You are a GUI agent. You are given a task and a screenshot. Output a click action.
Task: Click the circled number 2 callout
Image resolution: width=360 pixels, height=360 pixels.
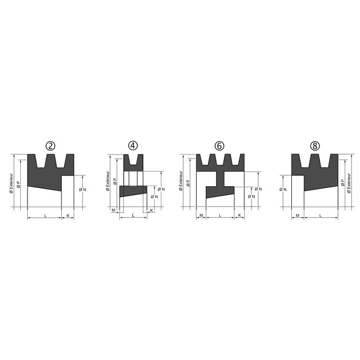pos(51,146)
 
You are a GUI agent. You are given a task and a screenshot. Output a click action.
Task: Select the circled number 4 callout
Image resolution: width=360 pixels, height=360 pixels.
pos(133,146)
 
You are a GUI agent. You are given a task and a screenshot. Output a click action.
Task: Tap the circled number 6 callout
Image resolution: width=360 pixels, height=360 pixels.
pos(219,146)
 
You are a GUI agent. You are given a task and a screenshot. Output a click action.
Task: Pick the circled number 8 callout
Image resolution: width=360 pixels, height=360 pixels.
pos(315,146)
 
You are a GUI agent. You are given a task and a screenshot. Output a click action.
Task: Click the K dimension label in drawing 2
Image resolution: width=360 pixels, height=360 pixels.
pos(67,215)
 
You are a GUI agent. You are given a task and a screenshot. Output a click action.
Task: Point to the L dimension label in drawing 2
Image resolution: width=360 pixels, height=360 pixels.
pos(45,215)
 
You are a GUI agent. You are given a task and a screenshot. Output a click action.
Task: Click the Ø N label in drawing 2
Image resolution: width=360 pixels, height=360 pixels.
pos(83,190)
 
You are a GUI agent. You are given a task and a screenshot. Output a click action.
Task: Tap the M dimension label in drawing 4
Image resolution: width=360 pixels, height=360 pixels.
pos(113,210)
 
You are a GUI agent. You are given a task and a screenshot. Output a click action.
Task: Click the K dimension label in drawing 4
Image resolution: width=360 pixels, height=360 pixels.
pos(151,210)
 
